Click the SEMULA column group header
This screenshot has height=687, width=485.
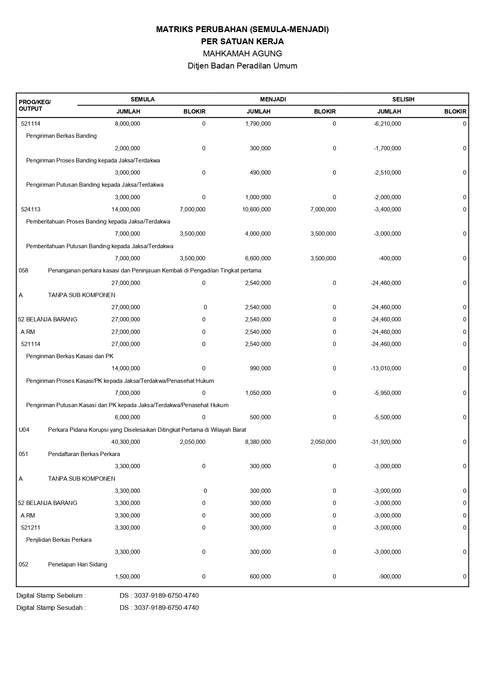tap(142, 99)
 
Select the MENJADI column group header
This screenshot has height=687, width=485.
tap(273, 99)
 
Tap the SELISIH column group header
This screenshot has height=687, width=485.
tap(403, 99)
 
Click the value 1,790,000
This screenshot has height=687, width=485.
tap(258, 124)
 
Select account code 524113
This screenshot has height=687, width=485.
tap(31, 209)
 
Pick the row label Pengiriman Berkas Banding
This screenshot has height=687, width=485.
tap(61, 136)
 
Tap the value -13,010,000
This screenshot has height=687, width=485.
tap(386, 368)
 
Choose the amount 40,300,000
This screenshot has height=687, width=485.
tap(126, 442)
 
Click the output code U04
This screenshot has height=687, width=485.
tap(24, 430)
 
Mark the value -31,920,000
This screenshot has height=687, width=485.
tap(386, 442)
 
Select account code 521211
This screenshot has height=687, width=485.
tap(31, 528)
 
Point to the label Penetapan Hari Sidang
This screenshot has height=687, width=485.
tap(77, 564)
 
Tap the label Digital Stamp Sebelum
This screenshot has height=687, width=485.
tap(51, 596)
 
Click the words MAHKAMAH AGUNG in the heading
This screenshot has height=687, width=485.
tap(242, 53)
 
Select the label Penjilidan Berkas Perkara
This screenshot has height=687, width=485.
tap(59, 540)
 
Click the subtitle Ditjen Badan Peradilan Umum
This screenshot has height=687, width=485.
tap(242, 66)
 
